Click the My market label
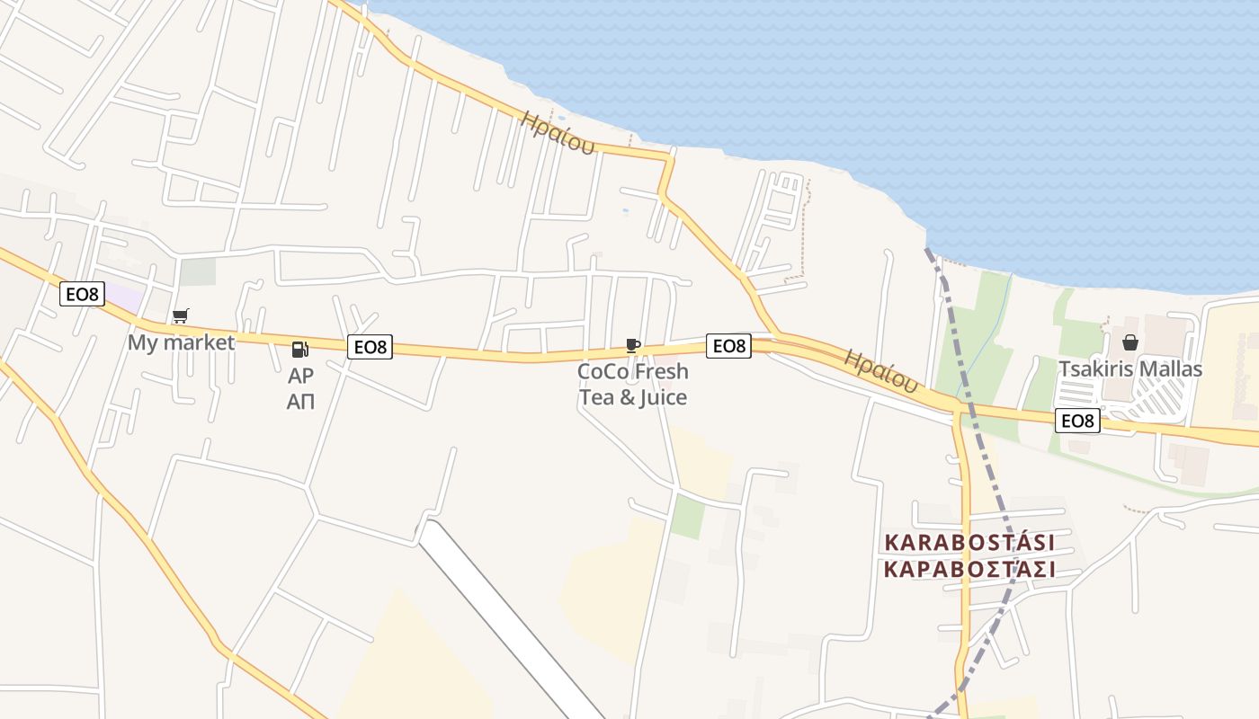coord(181,342)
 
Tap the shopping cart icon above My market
coord(181,315)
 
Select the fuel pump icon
coord(300,349)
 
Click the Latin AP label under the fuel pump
coord(300,377)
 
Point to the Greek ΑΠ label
coord(300,402)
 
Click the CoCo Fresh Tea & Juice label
coord(633,384)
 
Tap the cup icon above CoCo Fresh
coord(633,344)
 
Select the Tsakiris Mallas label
coord(1130,369)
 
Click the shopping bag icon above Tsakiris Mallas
coord(1130,342)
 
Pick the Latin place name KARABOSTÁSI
coord(969,543)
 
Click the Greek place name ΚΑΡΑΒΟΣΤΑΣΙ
coord(969,570)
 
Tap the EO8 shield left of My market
coord(83,293)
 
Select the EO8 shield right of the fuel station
coord(370,347)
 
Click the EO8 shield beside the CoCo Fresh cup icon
coord(728,346)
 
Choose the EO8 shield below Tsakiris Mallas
coord(1077,421)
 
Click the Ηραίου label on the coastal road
coord(558,132)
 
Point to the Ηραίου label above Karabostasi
coord(881,370)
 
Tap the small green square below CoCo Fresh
coord(688,517)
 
